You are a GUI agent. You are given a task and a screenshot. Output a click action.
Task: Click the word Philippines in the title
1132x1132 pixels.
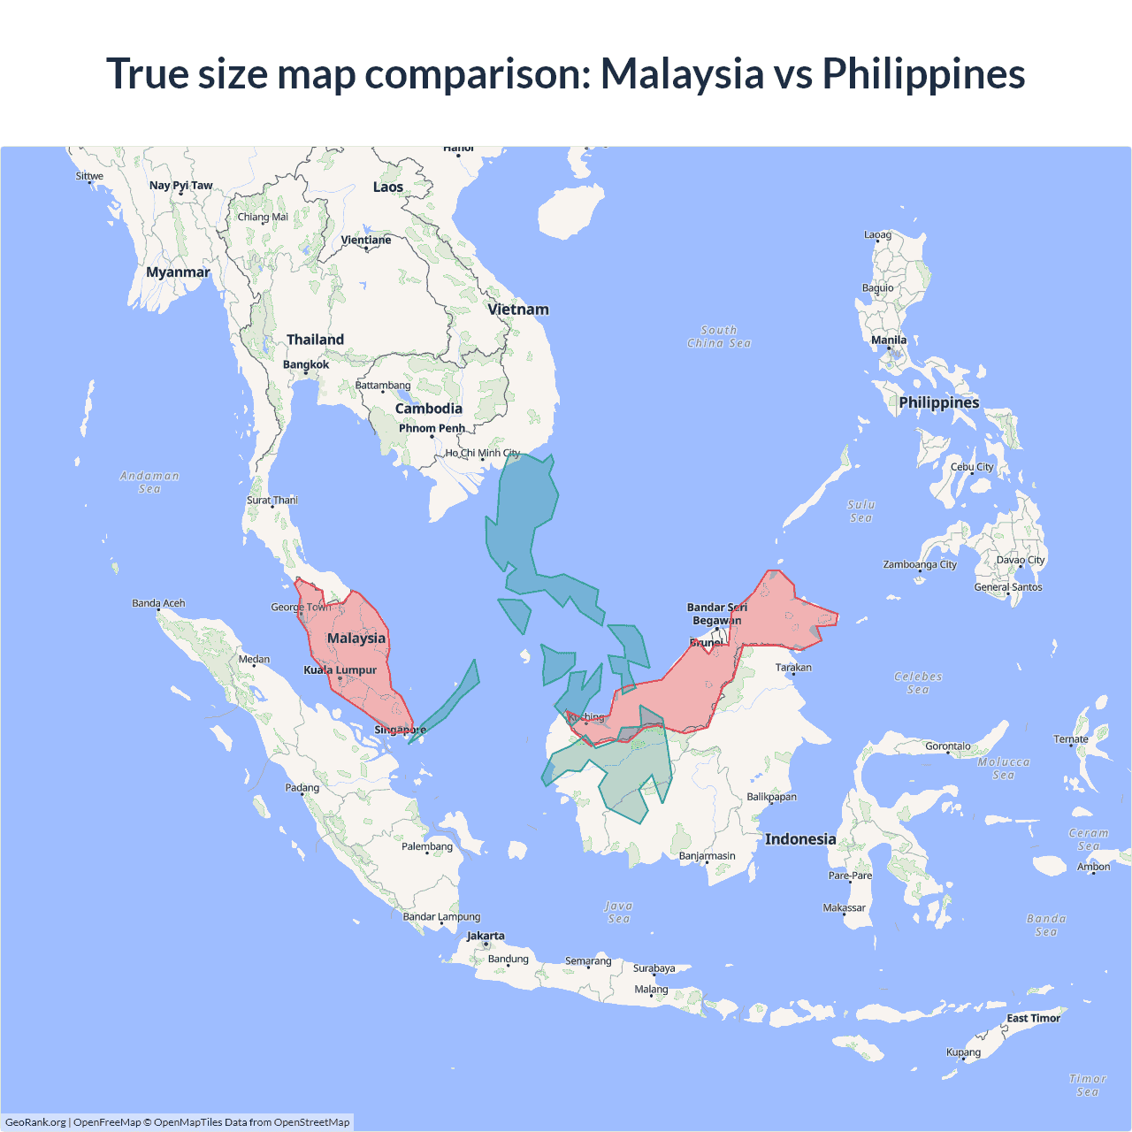[x=923, y=73]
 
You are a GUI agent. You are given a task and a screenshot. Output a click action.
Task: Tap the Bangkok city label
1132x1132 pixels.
[x=306, y=364]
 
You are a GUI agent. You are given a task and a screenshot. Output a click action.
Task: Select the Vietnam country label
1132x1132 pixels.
[x=518, y=310]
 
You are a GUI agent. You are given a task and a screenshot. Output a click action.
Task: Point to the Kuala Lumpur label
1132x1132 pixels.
[x=340, y=670]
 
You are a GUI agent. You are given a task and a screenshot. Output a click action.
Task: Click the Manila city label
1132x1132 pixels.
[x=889, y=340]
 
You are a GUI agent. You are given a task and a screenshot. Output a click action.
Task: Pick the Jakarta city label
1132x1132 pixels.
[x=486, y=936]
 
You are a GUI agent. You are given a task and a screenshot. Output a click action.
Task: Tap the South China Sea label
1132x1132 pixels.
[x=719, y=337]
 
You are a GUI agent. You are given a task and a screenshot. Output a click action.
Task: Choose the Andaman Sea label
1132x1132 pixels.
[x=149, y=482]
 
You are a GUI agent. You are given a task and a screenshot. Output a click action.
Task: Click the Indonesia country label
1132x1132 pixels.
[x=800, y=839]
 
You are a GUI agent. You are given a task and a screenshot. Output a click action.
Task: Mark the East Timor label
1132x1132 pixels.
[x=1033, y=1018]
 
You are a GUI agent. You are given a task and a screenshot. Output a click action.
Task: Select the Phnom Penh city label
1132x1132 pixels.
[x=432, y=428]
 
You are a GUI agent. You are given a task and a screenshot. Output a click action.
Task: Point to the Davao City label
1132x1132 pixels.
[x=1021, y=560]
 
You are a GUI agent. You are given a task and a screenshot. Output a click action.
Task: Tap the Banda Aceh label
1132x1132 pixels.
[x=159, y=603]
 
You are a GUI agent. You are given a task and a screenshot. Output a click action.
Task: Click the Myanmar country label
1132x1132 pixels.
[x=178, y=272]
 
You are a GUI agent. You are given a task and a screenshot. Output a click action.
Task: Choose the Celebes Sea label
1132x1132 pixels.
[x=918, y=683]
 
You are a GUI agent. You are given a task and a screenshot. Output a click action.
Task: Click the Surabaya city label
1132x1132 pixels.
[x=654, y=968]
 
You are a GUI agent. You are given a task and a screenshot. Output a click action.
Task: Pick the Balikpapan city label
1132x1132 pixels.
[x=771, y=797]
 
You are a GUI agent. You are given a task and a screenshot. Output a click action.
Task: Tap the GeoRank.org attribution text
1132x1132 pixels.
[x=35, y=1122]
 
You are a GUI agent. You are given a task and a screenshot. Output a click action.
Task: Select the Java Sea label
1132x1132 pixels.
[x=619, y=912]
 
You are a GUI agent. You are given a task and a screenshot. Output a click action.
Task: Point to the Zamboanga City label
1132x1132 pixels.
[x=920, y=564]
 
